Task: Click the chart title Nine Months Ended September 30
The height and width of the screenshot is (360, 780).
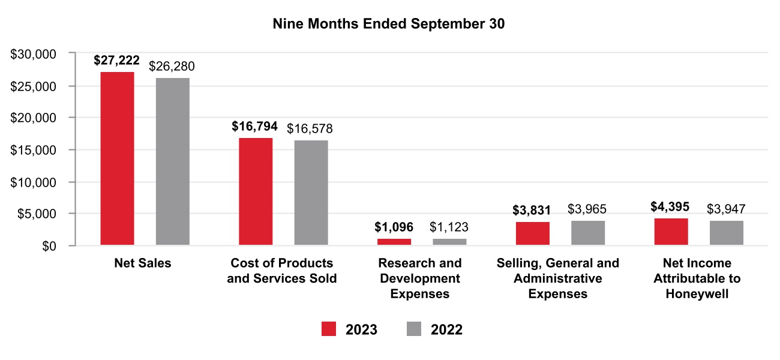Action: pos(389,24)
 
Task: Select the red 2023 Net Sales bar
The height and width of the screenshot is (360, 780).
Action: pos(117,158)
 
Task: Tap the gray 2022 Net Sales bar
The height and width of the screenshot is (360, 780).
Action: pos(172,161)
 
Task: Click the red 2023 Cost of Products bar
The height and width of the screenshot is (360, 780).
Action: pos(256,191)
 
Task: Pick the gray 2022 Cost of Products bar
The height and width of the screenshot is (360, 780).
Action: pos(311,193)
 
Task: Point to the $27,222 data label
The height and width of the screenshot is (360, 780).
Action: pos(117,61)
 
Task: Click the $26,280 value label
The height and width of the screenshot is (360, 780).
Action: pos(172,66)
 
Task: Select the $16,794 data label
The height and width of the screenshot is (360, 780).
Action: pos(255,127)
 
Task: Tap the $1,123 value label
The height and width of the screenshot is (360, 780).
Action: pos(449,227)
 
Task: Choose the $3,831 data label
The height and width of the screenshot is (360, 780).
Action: pos(532,211)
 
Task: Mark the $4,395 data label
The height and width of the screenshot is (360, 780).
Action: pos(670,207)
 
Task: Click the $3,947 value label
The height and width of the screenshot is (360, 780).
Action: pos(726,209)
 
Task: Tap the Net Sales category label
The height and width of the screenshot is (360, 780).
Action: pos(143,263)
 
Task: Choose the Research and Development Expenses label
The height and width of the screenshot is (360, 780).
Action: pos(420,278)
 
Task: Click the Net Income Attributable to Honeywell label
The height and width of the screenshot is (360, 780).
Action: pos(697,278)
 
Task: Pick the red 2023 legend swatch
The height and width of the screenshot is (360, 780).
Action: pos(329,329)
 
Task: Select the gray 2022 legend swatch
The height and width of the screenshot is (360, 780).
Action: pos(415,329)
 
